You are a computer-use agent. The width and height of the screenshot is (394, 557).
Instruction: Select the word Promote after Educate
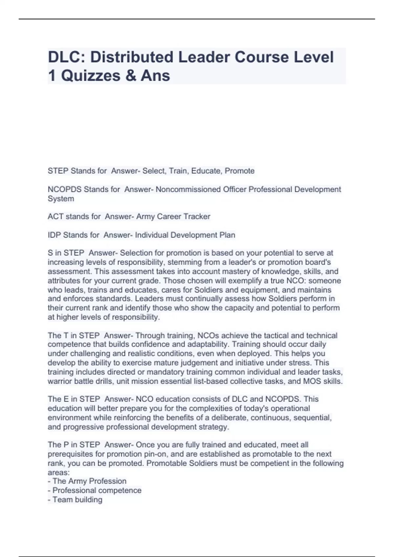pyautogui.click(x=240, y=171)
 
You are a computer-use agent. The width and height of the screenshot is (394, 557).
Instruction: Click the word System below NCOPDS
pyautogui.click(x=61, y=199)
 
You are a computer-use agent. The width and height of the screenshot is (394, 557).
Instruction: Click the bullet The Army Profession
pyautogui.click(x=89, y=481)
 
